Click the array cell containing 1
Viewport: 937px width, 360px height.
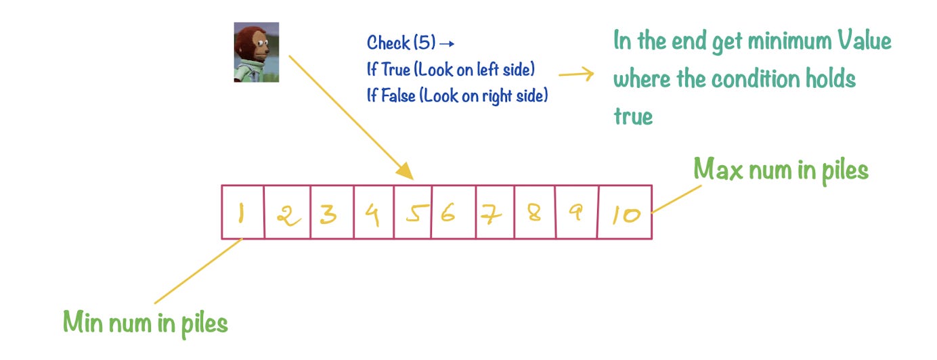pos(242,212)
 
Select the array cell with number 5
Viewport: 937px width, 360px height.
pos(412,212)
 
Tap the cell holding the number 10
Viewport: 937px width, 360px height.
pos(625,212)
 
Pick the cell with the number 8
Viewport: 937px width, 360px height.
pos(535,212)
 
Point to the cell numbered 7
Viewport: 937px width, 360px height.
pos(495,212)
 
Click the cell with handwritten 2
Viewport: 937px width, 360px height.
pos(287,212)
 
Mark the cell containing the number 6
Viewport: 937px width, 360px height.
pos(453,212)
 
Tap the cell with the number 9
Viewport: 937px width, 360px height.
pos(576,212)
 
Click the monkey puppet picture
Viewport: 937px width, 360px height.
pos(256,52)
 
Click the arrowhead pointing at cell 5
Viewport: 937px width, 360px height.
pos(404,170)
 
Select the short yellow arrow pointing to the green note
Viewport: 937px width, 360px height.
pos(576,74)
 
